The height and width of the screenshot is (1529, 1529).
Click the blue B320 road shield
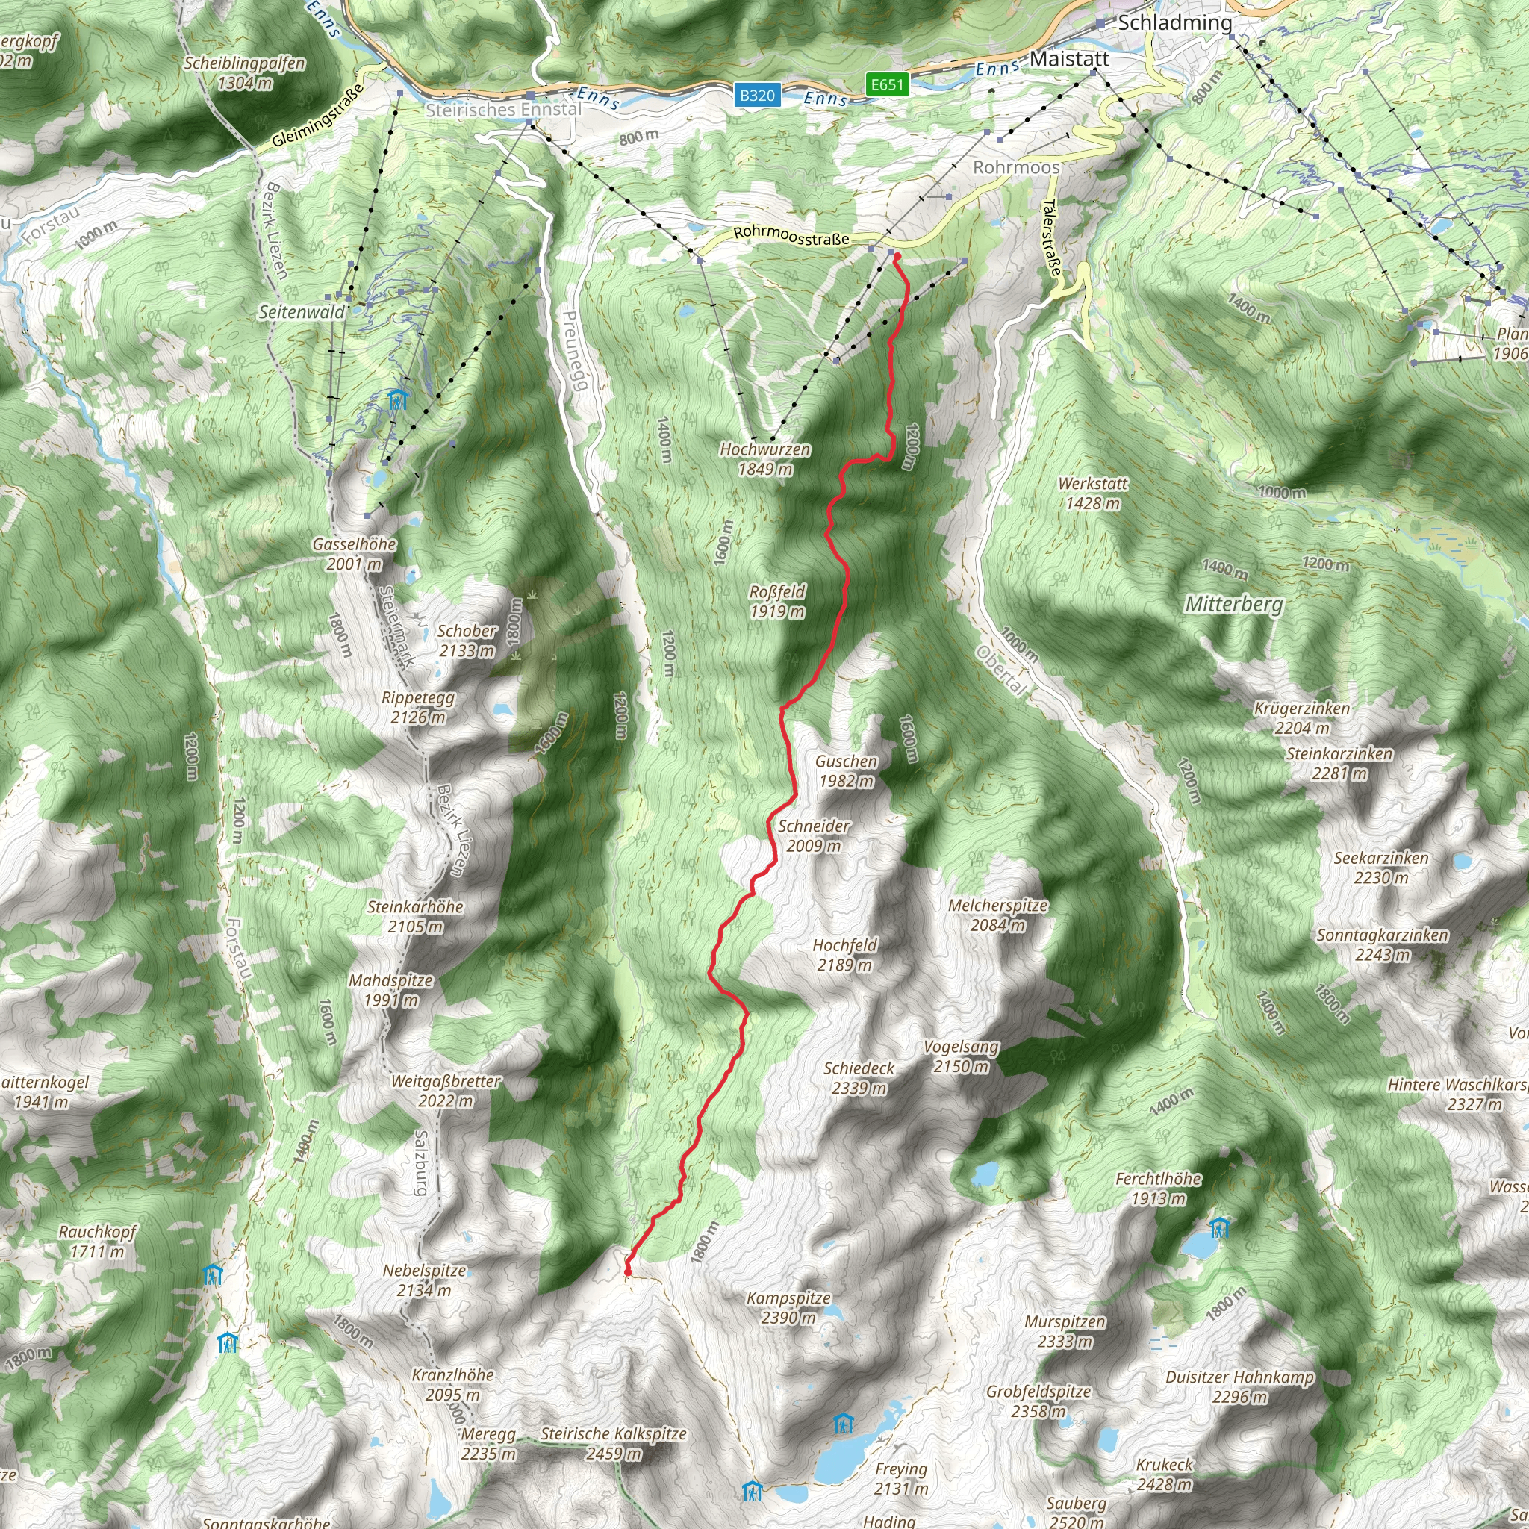click(756, 96)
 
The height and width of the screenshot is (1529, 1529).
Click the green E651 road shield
click(886, 84)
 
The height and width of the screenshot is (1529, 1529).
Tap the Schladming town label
click(1174, 23)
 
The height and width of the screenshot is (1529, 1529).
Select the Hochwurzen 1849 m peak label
click(764, 459)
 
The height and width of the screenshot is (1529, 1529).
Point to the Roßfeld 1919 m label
click(777, 602)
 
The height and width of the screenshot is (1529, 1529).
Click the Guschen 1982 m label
click(846, 770)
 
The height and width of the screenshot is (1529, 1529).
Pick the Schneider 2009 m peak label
click(814, 835)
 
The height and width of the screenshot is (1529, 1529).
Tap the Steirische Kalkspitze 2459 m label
click(614, 1444)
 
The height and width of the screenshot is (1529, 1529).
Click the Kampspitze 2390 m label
click(788, 1307)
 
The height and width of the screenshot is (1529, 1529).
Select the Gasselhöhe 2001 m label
click(354, 554)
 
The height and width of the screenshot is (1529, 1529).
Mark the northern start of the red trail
click(897, 255)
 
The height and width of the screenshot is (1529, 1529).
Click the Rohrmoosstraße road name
click(791, 235)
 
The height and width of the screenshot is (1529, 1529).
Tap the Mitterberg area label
click(1233, 605)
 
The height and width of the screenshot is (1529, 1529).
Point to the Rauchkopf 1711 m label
click(97, 1242)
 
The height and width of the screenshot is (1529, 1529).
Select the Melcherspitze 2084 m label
click(997, 915)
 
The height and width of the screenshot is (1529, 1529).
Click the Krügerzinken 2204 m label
click(1301, 717)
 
